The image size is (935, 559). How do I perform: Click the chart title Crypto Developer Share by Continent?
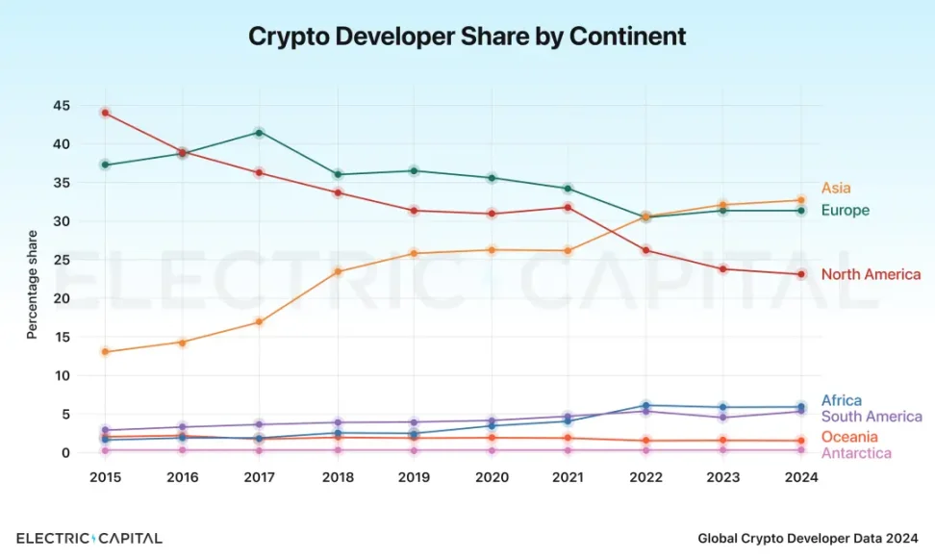pos(467,37)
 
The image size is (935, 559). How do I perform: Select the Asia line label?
pos(836,189)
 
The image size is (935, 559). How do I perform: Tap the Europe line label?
pos(845,211)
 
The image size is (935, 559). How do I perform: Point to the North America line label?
pos(871,275)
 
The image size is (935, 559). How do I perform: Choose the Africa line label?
pos(841,401)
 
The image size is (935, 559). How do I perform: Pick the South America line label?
pos(872,418)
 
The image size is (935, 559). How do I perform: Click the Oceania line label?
pos(849,438)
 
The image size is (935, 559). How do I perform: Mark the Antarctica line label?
pos(855,453)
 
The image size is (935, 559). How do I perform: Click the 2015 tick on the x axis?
pos(105,477)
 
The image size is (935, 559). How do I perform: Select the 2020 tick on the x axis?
pos(492,477)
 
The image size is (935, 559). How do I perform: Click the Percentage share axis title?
pos(32,284)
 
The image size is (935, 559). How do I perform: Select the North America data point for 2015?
pos(105,113)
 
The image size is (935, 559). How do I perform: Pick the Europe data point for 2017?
pos(260,132)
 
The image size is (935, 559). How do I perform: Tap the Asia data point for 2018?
pos(337,271)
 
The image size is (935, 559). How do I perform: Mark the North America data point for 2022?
pos(646,250)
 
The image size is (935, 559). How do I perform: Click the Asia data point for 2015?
pos(105,352)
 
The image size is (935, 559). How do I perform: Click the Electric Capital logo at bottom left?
pos(89,538)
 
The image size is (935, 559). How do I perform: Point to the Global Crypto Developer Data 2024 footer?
pos(808,539)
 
